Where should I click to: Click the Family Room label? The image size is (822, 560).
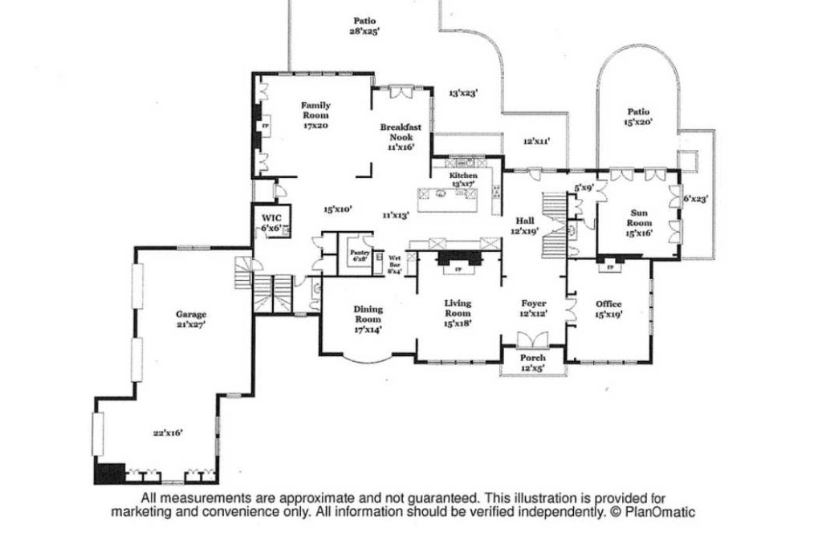click(x=315, y=115)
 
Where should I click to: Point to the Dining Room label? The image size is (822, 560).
click(x=368, y=319)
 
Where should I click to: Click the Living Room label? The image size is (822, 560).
click(x=458, y=313)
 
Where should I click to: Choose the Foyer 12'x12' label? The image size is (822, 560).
click(x=534, y=308)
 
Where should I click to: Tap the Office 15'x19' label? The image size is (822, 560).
click(x=608, y=309)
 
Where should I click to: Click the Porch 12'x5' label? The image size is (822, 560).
click(x=533, y=362)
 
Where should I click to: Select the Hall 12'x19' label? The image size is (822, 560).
click(x=525, y=225)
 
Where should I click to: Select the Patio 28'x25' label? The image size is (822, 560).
click(x=364, y=26)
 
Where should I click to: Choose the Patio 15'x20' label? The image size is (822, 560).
click(x=639, y=117)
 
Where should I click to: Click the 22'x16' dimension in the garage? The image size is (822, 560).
click(x=168, y=432)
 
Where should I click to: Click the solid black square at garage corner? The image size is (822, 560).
click(x=109, y=473)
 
